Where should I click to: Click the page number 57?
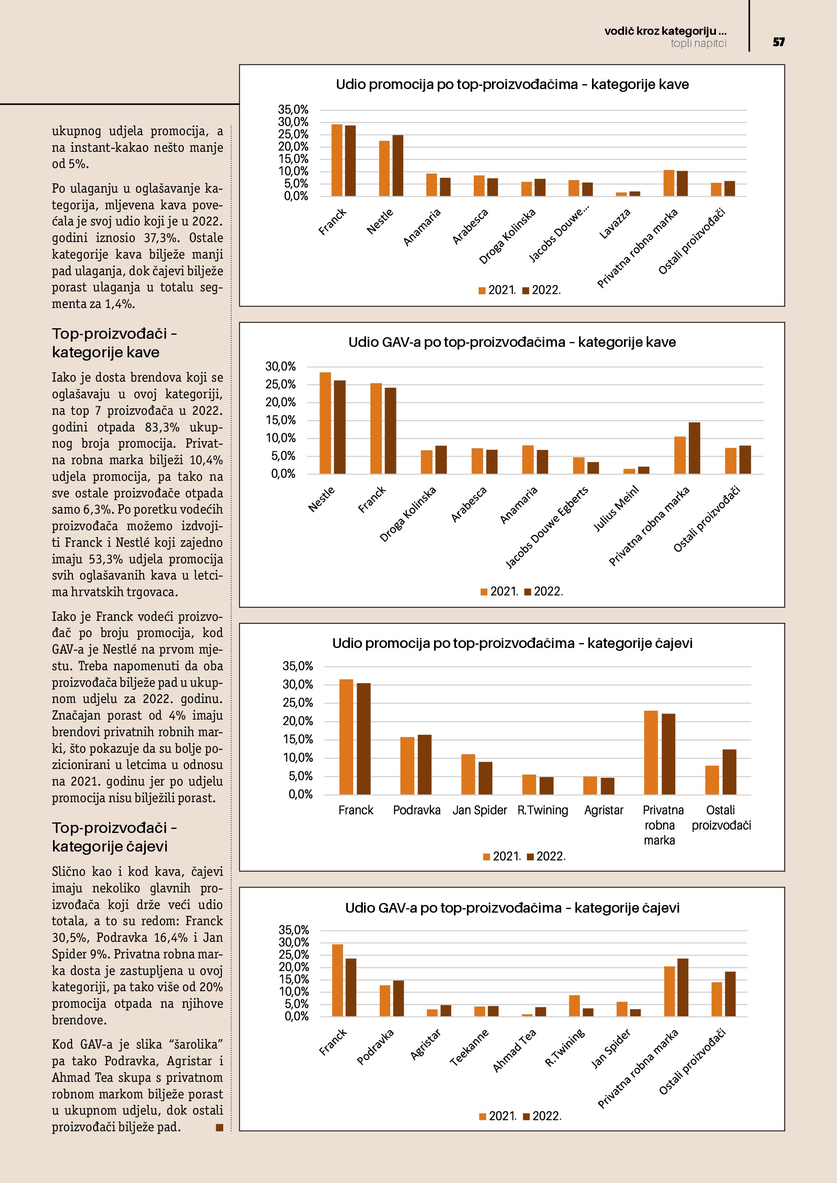[x=778, y=42]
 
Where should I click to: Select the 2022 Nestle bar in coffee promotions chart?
[x=398, y=166]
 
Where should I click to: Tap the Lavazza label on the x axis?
[x=615, y=224]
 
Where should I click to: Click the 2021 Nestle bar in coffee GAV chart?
[x=325, y=423]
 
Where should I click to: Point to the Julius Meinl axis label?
[x=616, y=509]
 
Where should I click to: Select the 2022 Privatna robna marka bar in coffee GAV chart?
[x=694, y=448]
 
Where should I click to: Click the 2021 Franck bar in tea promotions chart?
[x=346, y=737]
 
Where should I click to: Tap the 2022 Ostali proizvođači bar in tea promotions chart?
[x=729, y=772]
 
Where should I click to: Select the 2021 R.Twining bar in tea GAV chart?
[x=574, y=1005]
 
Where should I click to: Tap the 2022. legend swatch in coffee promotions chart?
[x=526, y=291]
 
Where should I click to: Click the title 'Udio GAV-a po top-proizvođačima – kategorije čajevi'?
[x=512, y=908]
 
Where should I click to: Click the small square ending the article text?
[x=219, y=1128]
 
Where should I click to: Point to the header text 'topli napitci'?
[x=699, y=43]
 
